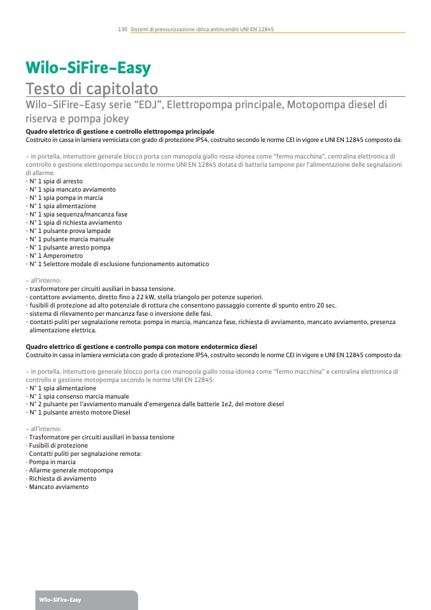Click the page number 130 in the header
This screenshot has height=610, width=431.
point(123,30)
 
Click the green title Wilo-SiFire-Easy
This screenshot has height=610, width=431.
point(88,68)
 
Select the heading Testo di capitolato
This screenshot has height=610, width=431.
point(92,88)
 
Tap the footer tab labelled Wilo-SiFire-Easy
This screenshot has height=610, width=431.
point(60,600)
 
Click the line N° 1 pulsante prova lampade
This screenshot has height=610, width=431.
point(69,231)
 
